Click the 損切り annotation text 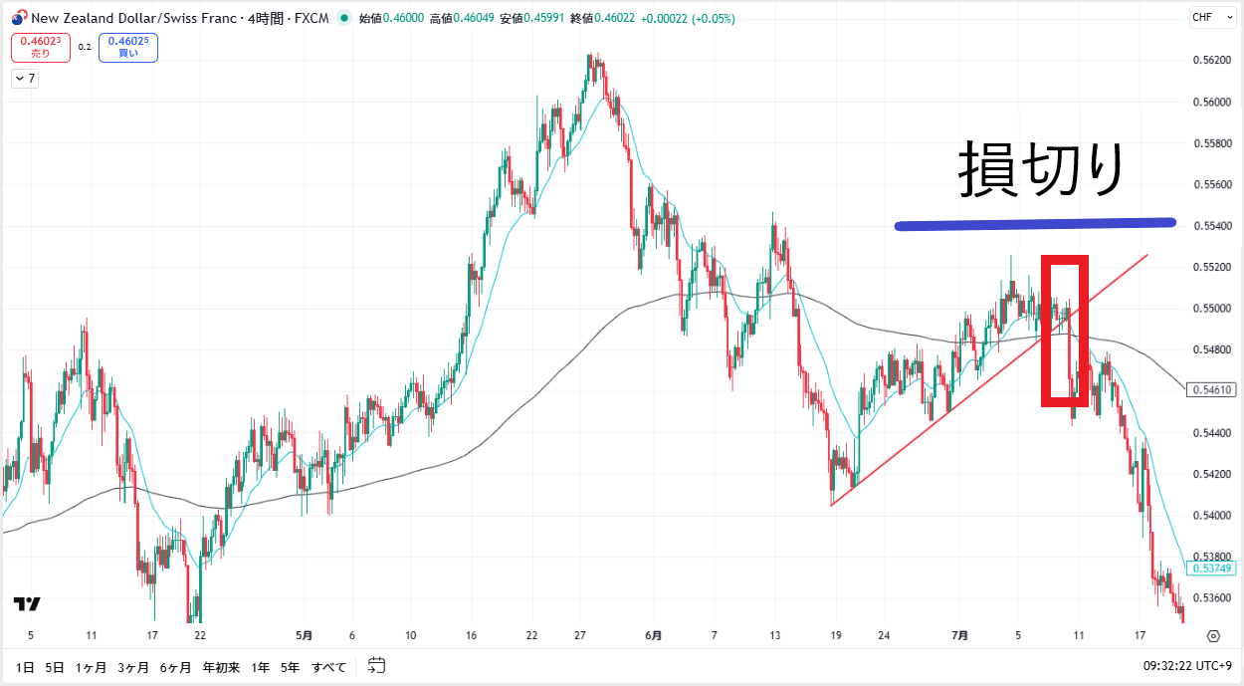point(1041,169)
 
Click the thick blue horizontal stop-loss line point(1035,224)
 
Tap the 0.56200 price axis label point(1209,61)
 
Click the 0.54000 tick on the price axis point(1209,515)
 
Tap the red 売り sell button point(41,47)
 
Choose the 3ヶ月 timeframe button point(132,666)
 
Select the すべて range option point(329,666)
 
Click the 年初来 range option point(221,666)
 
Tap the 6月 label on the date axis point(653,635)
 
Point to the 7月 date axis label point(959,635)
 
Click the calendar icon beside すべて point(376,665)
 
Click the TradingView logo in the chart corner point(27,603)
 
